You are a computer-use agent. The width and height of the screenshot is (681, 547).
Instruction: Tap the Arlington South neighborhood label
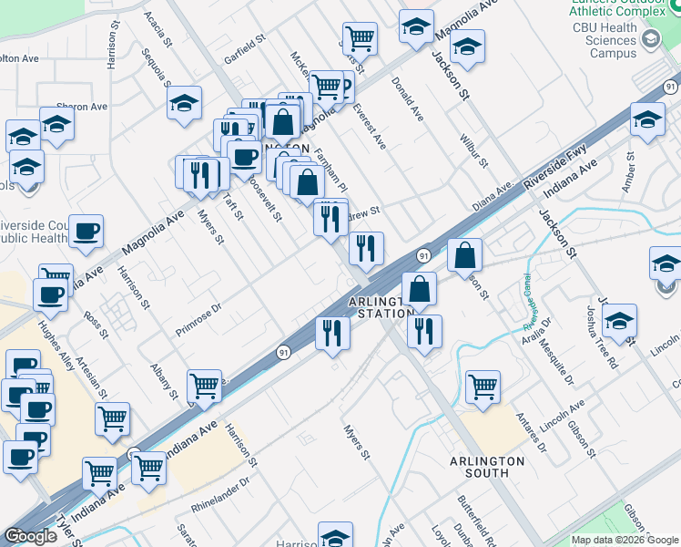click(x=486, y=467)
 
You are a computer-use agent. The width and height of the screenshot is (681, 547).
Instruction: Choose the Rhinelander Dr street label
click(x=220, y=493)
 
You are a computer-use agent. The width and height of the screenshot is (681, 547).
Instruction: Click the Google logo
click(x=30, y=536)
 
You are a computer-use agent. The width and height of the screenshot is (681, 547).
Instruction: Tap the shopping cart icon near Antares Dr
click(x=482, y=386)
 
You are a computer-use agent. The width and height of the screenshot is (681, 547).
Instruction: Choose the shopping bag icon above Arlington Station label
click(x=419, y=289)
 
